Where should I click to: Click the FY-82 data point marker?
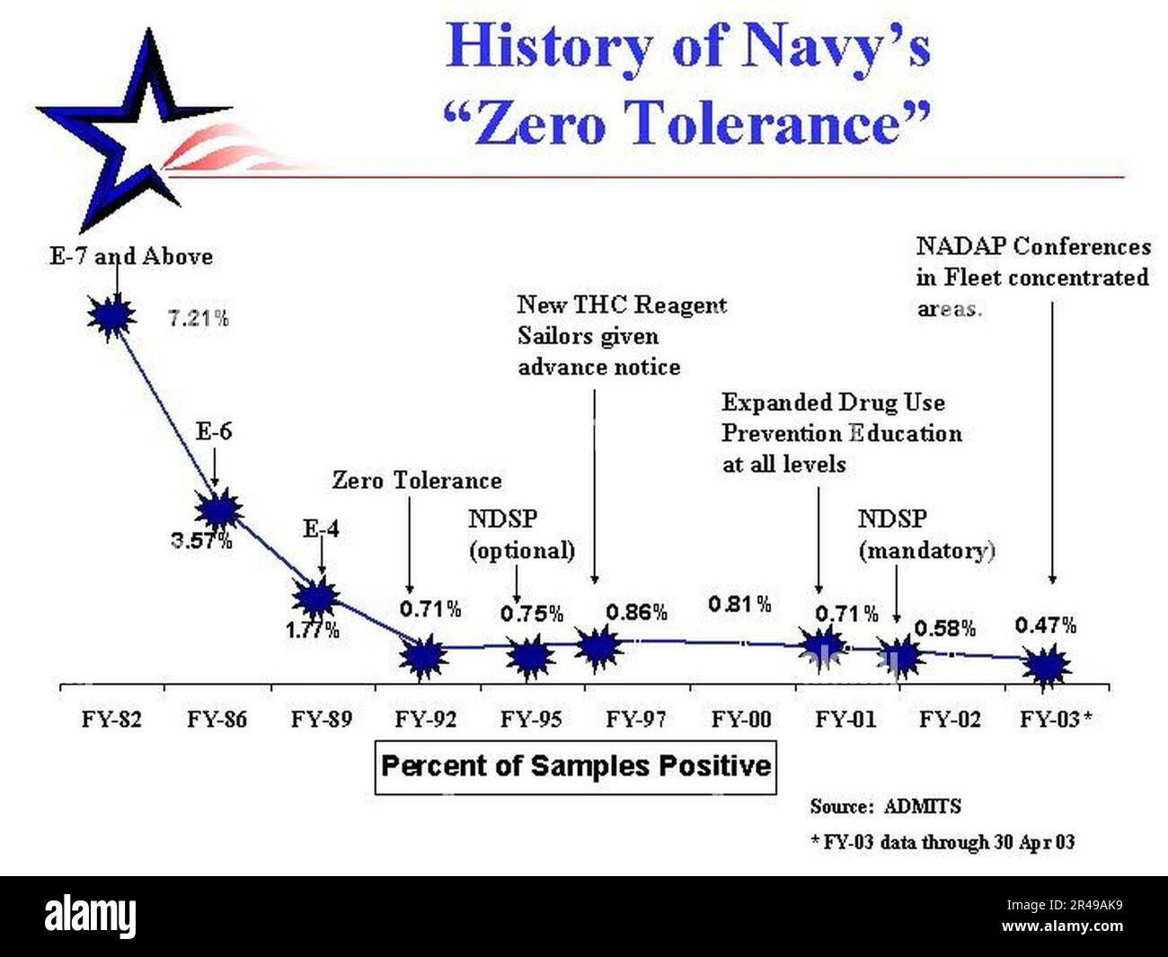click(x=111, y=315)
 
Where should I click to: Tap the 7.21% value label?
click(x=199, y=318)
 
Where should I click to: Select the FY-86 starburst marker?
click(x=218, y=510)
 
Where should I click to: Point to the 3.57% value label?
click(x=202, y=541)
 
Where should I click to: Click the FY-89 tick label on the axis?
click(x=322, y=719)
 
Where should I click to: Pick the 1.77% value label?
click(x=313, y=631)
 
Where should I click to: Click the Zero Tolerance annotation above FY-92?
click(x=417, y=481)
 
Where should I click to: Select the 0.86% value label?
click(x=636, y=613)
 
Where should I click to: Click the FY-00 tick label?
click(x=741, y=719)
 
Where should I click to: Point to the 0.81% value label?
click(x=739, y=605)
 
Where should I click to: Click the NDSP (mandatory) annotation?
click(x=926, y=535)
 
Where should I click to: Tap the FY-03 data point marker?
click(x=1047, y=667)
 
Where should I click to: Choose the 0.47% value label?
click(x=1046, y=625)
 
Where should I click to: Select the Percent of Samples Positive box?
click(x=575, y=766)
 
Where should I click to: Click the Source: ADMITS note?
click(x=884, y=806)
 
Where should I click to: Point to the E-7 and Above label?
click(x=131, y=257)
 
